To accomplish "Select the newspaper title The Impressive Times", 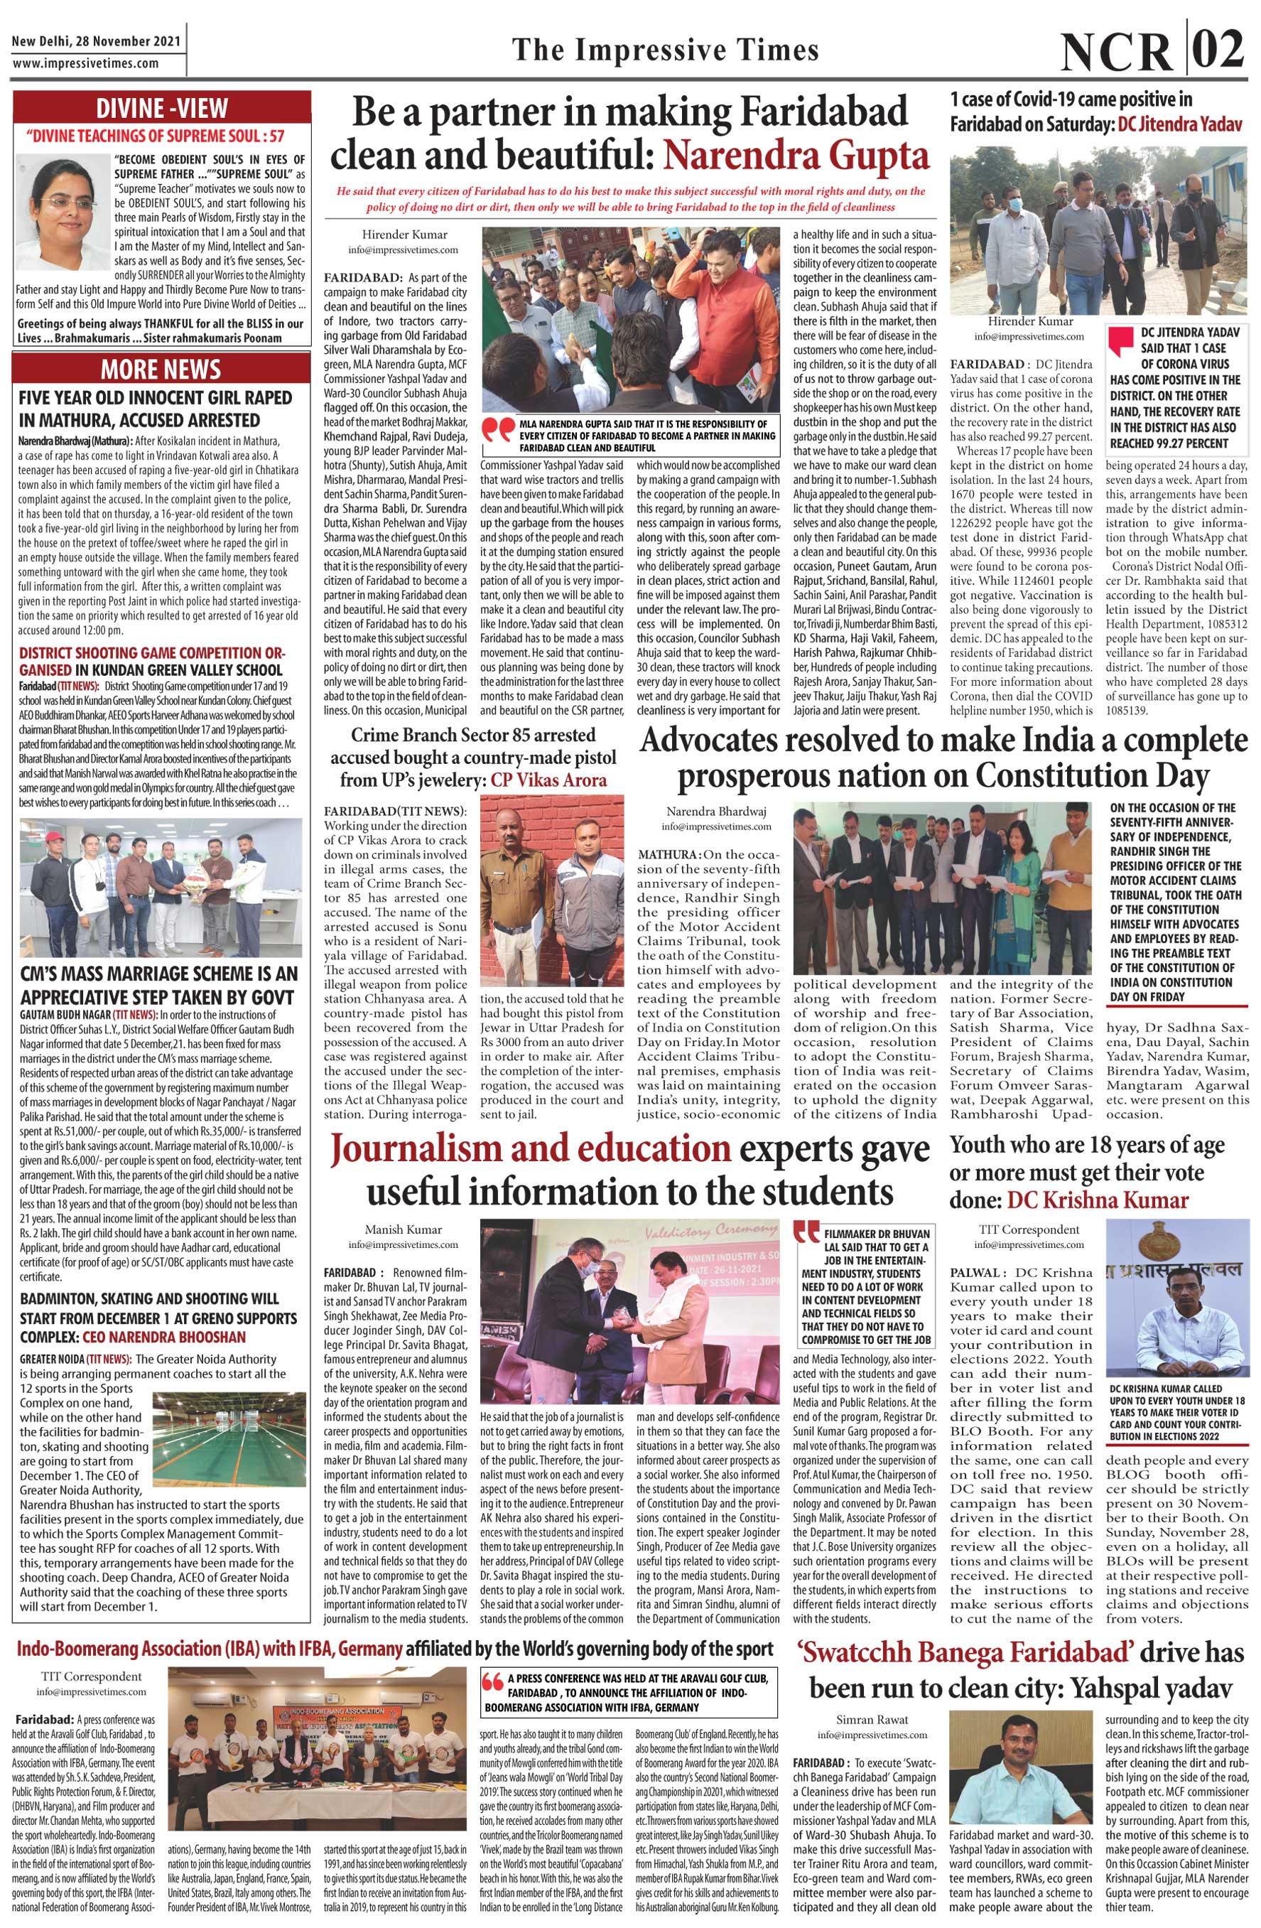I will pyautogui.click(x=665, y=50).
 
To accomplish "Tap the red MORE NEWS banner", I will pyautogui.click(x=161, y=369).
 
